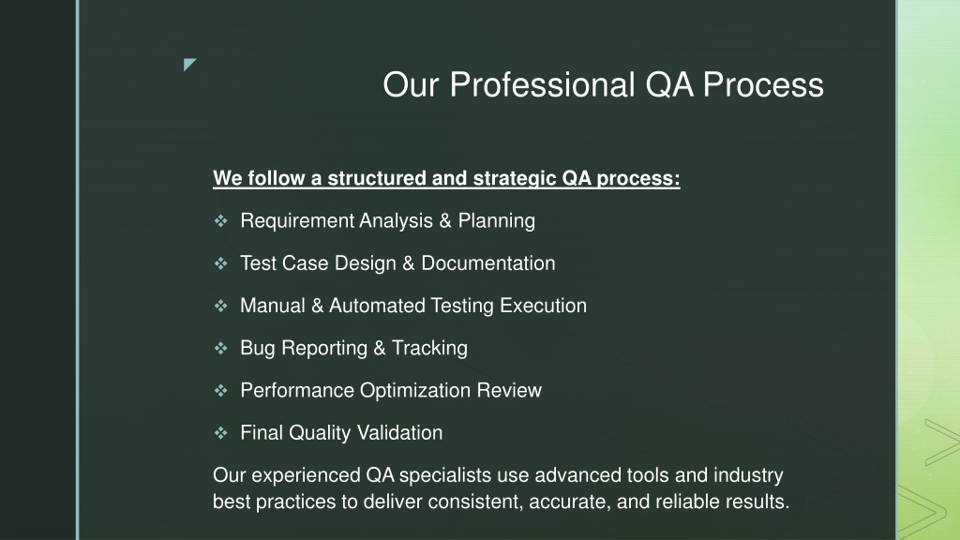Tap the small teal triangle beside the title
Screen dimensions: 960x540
click(x=188, y=63)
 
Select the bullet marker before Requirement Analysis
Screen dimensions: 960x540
click(x=221, y=220)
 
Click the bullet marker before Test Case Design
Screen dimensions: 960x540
click(x=221, y=263)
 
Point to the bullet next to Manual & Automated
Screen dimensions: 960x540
click(x=221, y=306)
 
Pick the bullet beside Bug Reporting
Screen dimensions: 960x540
click(x=221, y=348)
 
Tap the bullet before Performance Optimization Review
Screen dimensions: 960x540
click(x=221, y=390)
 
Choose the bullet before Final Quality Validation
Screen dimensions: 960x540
click(x=221, y=433)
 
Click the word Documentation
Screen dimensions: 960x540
click(x=488, y=263)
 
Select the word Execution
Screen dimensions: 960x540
click(x=543, y=306)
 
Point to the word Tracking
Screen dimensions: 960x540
click(x=429, y=348)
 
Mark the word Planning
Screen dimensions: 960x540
click(x=497, y=221)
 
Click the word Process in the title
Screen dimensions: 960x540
click(x=763, y=84)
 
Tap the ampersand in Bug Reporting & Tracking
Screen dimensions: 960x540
click(x=380, y=349)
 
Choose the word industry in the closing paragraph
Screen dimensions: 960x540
click(x=748, y=475)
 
